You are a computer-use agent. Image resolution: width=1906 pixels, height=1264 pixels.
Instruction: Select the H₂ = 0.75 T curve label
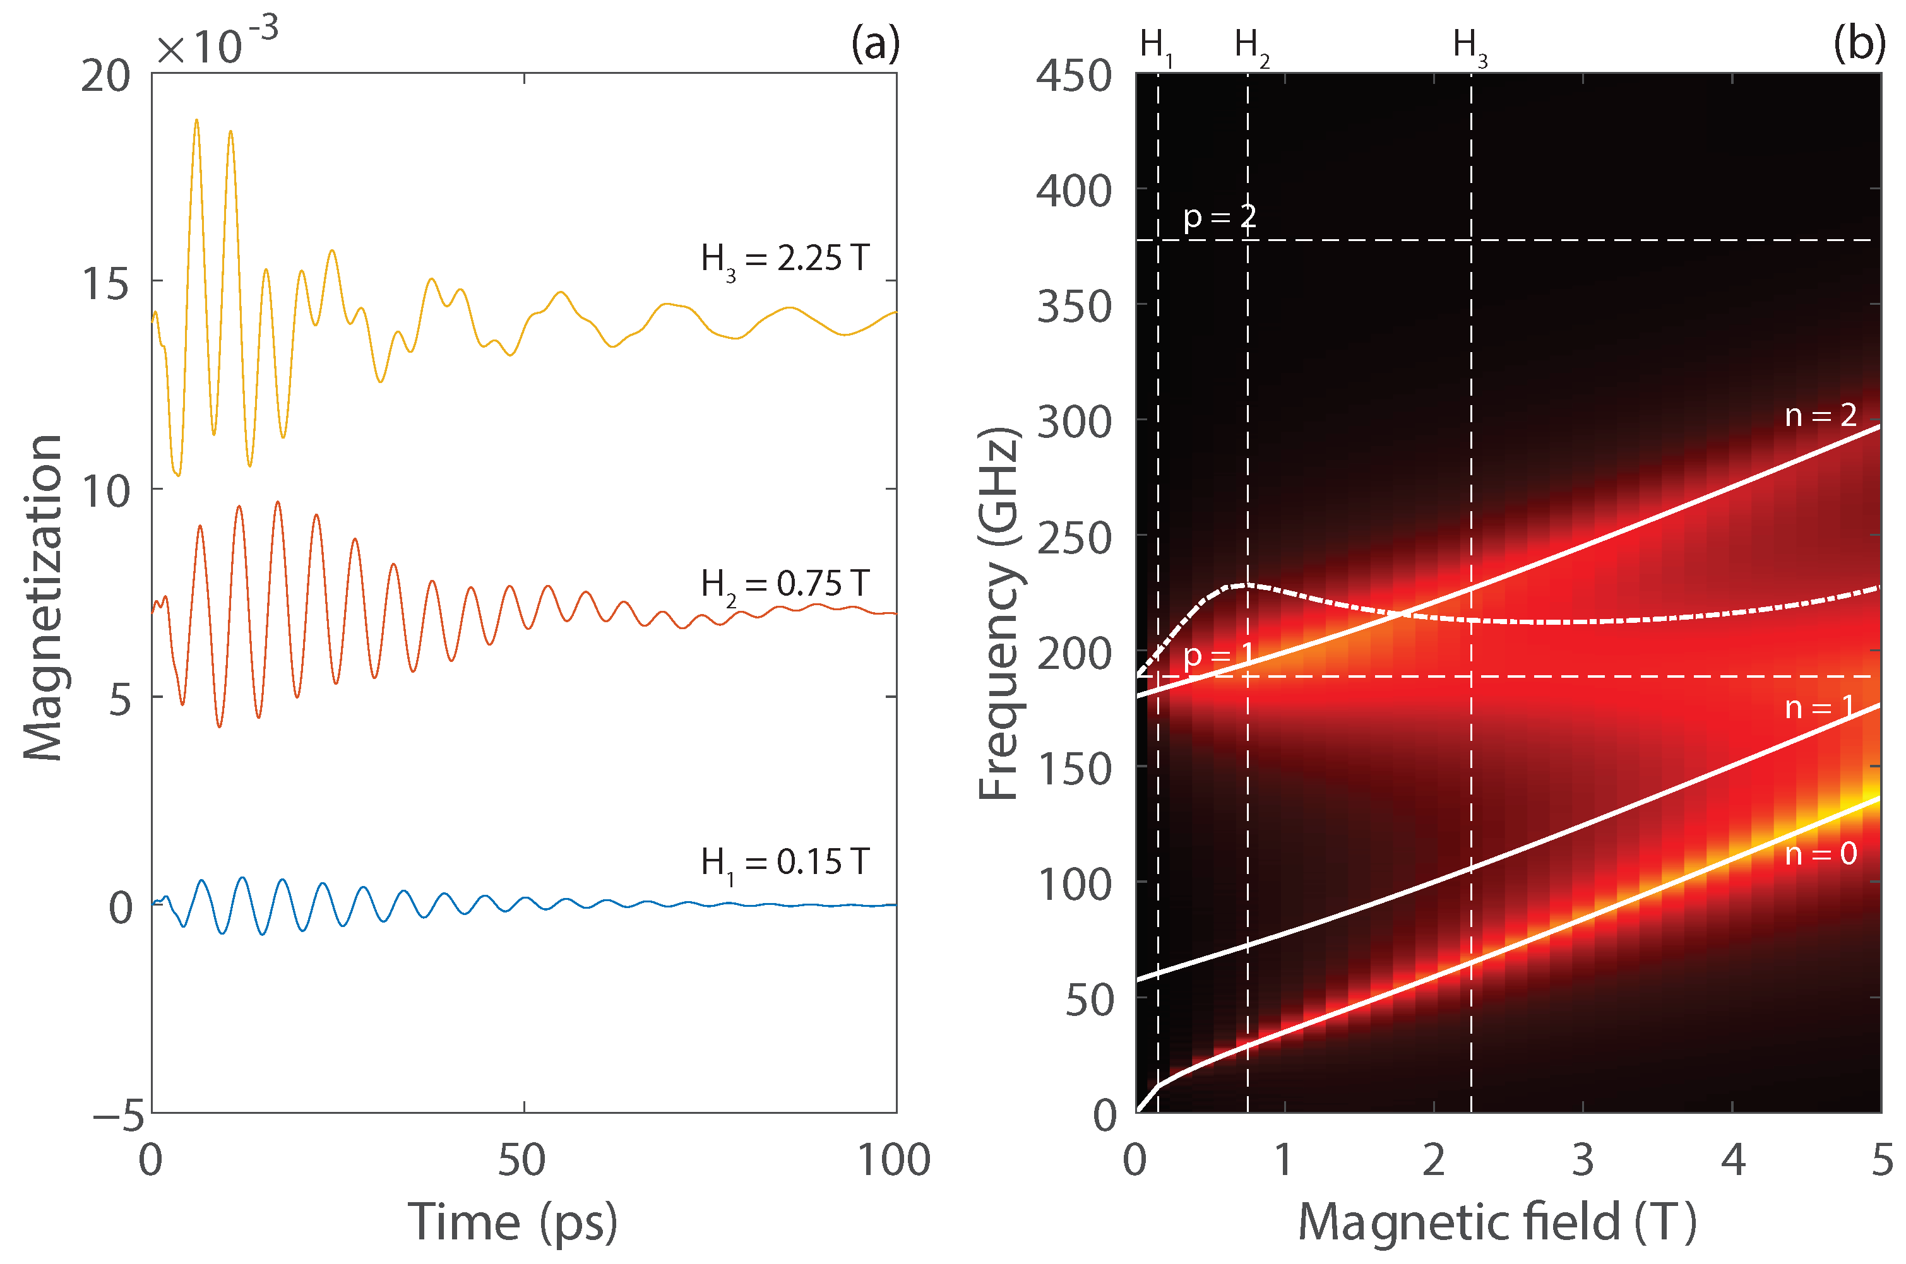click(x=785, y=584)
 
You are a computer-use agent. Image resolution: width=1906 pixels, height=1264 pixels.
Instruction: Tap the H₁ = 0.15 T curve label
click(x=785, y=863)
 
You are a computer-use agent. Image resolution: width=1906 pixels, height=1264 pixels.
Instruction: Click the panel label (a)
click(x=875, y=44)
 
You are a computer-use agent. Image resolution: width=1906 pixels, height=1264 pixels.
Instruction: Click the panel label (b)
click(x=1859, y=44)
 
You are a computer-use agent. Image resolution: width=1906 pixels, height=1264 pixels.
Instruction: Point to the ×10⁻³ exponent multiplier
click(x=216, y=44)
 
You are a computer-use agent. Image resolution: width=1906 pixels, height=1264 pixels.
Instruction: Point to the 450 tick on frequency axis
click(x=1073, y=76)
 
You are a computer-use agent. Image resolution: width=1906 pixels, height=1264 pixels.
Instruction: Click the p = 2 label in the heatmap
click(x=1219, y=217)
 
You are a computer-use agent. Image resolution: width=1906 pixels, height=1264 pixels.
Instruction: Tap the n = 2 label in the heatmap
click(x=1821, y=415)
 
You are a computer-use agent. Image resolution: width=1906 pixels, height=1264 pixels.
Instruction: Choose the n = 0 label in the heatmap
click(x=1821, y=854)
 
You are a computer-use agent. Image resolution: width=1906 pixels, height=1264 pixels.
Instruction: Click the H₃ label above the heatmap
click(x=1469, y=46)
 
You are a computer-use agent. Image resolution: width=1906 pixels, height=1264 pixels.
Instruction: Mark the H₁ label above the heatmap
click(x=1155, y=46)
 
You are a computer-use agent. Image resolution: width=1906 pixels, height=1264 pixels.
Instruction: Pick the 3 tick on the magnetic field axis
click(x=1583, y=1160)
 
